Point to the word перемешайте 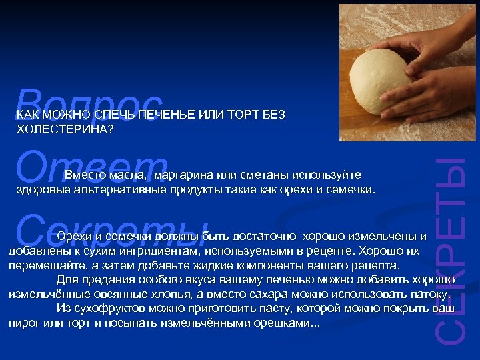(x=43, y=265)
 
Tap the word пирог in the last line (x=22, y=323)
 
